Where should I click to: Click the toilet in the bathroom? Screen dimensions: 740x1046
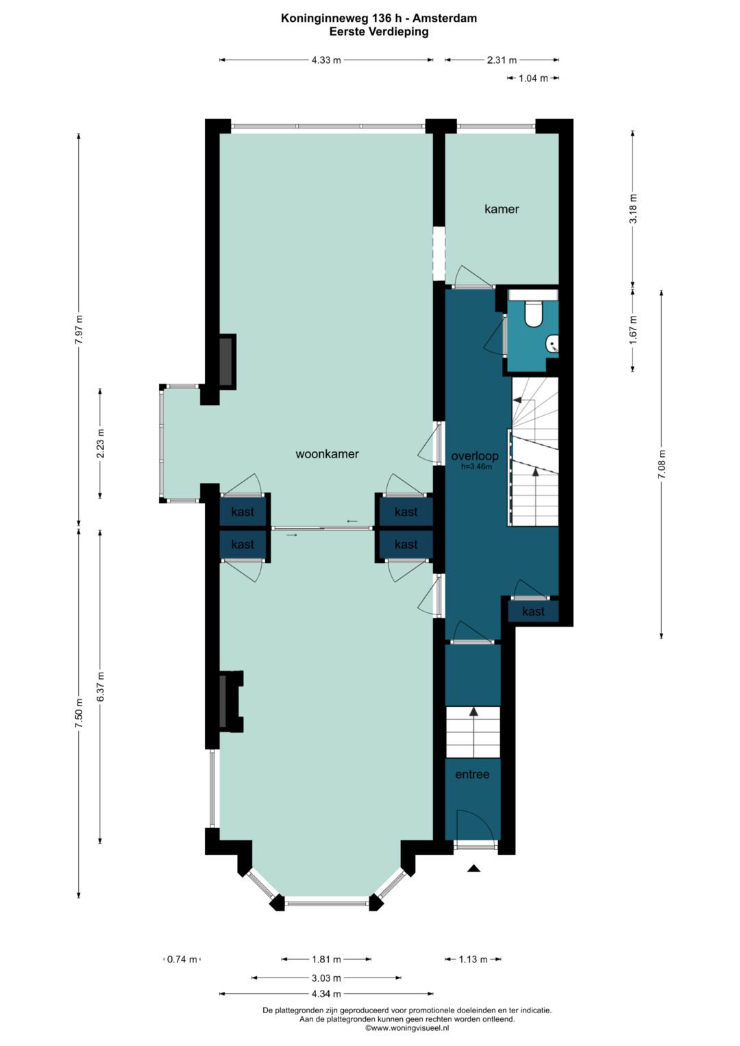[532, 313]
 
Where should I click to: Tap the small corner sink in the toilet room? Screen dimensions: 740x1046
[552, 344]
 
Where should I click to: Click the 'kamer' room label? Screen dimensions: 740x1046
[502, 209]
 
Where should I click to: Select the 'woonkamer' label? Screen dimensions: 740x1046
[327, 454]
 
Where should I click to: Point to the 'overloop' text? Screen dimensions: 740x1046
[475, 456]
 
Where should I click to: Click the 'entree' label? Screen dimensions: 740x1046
[472, 774]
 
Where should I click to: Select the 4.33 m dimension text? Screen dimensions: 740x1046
[326, 60]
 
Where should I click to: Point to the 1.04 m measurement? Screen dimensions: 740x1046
[533, 79]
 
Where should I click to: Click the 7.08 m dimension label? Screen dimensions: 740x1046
[661, 464]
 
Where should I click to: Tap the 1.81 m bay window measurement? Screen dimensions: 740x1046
[326, 959]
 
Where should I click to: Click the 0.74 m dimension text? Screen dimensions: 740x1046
[182, 959]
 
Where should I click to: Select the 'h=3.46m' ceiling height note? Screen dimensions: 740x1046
[476, 466]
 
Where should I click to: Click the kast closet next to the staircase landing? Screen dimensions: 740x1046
[533, 611]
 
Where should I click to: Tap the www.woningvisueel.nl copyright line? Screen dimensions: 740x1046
[407, 1028]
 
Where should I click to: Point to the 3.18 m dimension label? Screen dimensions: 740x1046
[634, 208]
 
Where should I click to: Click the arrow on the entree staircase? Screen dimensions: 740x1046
[473, 732]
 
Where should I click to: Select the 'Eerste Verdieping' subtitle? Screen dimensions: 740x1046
[379, 32]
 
